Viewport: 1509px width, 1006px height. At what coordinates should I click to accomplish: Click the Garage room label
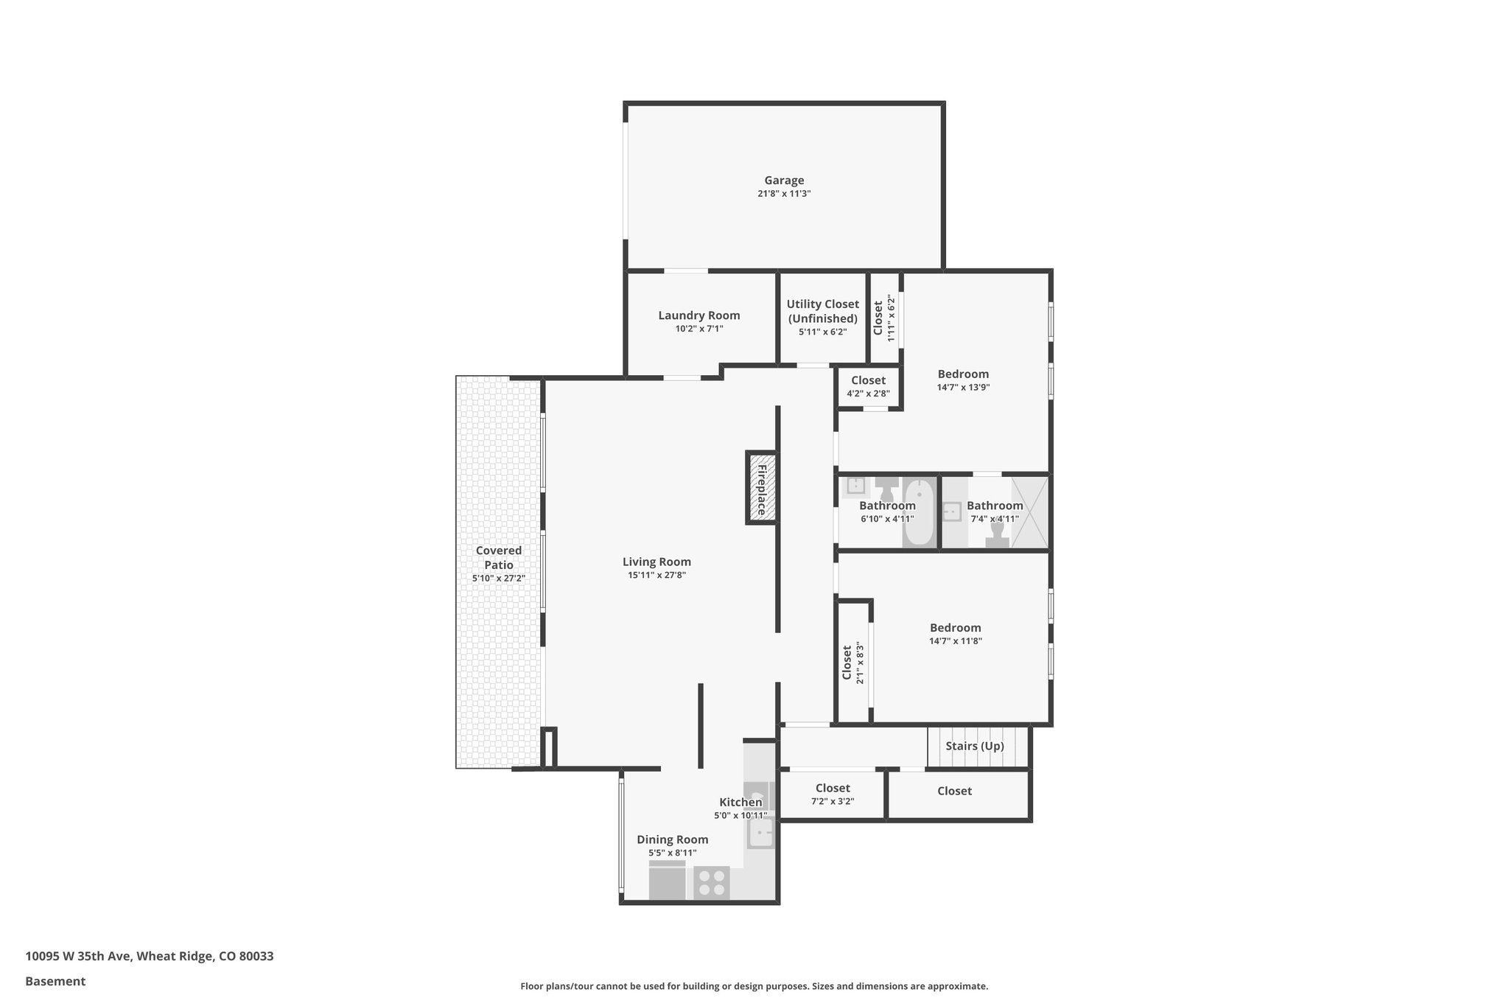[x=784, y=180]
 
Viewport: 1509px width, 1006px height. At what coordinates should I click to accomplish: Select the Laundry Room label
[x=699, y=315]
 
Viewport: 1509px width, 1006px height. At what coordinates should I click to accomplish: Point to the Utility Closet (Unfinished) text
[x=822, y=311]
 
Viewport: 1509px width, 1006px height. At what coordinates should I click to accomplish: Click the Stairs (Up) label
[x=974, y=746]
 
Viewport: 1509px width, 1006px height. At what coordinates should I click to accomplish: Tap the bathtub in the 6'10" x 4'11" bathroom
[x=919, y=512]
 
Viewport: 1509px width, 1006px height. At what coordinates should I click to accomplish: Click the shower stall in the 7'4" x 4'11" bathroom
[x=1030, y=512]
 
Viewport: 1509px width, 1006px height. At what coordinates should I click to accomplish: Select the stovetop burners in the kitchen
[x=712, y=883]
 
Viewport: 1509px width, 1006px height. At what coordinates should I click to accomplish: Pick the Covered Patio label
[x=499, y=557]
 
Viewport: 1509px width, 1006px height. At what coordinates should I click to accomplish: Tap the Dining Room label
[x=672, y=839]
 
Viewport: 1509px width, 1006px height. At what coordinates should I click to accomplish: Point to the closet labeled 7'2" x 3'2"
[x=833, y=794]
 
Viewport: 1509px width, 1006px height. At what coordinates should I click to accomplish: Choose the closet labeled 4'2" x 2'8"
[x=868, y=386]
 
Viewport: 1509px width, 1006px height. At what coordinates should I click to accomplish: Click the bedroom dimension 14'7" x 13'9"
[x=963, y=388]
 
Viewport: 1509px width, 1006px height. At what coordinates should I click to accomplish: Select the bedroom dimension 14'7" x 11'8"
[x=955, y=641]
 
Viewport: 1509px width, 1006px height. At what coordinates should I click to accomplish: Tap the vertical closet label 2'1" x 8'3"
[x=853, y=663]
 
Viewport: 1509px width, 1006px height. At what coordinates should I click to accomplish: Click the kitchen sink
[x=761, y=834]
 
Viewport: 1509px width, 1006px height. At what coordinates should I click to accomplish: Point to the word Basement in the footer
[x=55, y=981]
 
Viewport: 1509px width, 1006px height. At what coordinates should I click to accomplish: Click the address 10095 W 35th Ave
[x=78, y=957]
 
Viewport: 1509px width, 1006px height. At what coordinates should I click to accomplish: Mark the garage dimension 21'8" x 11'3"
[x=784, y=194]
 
